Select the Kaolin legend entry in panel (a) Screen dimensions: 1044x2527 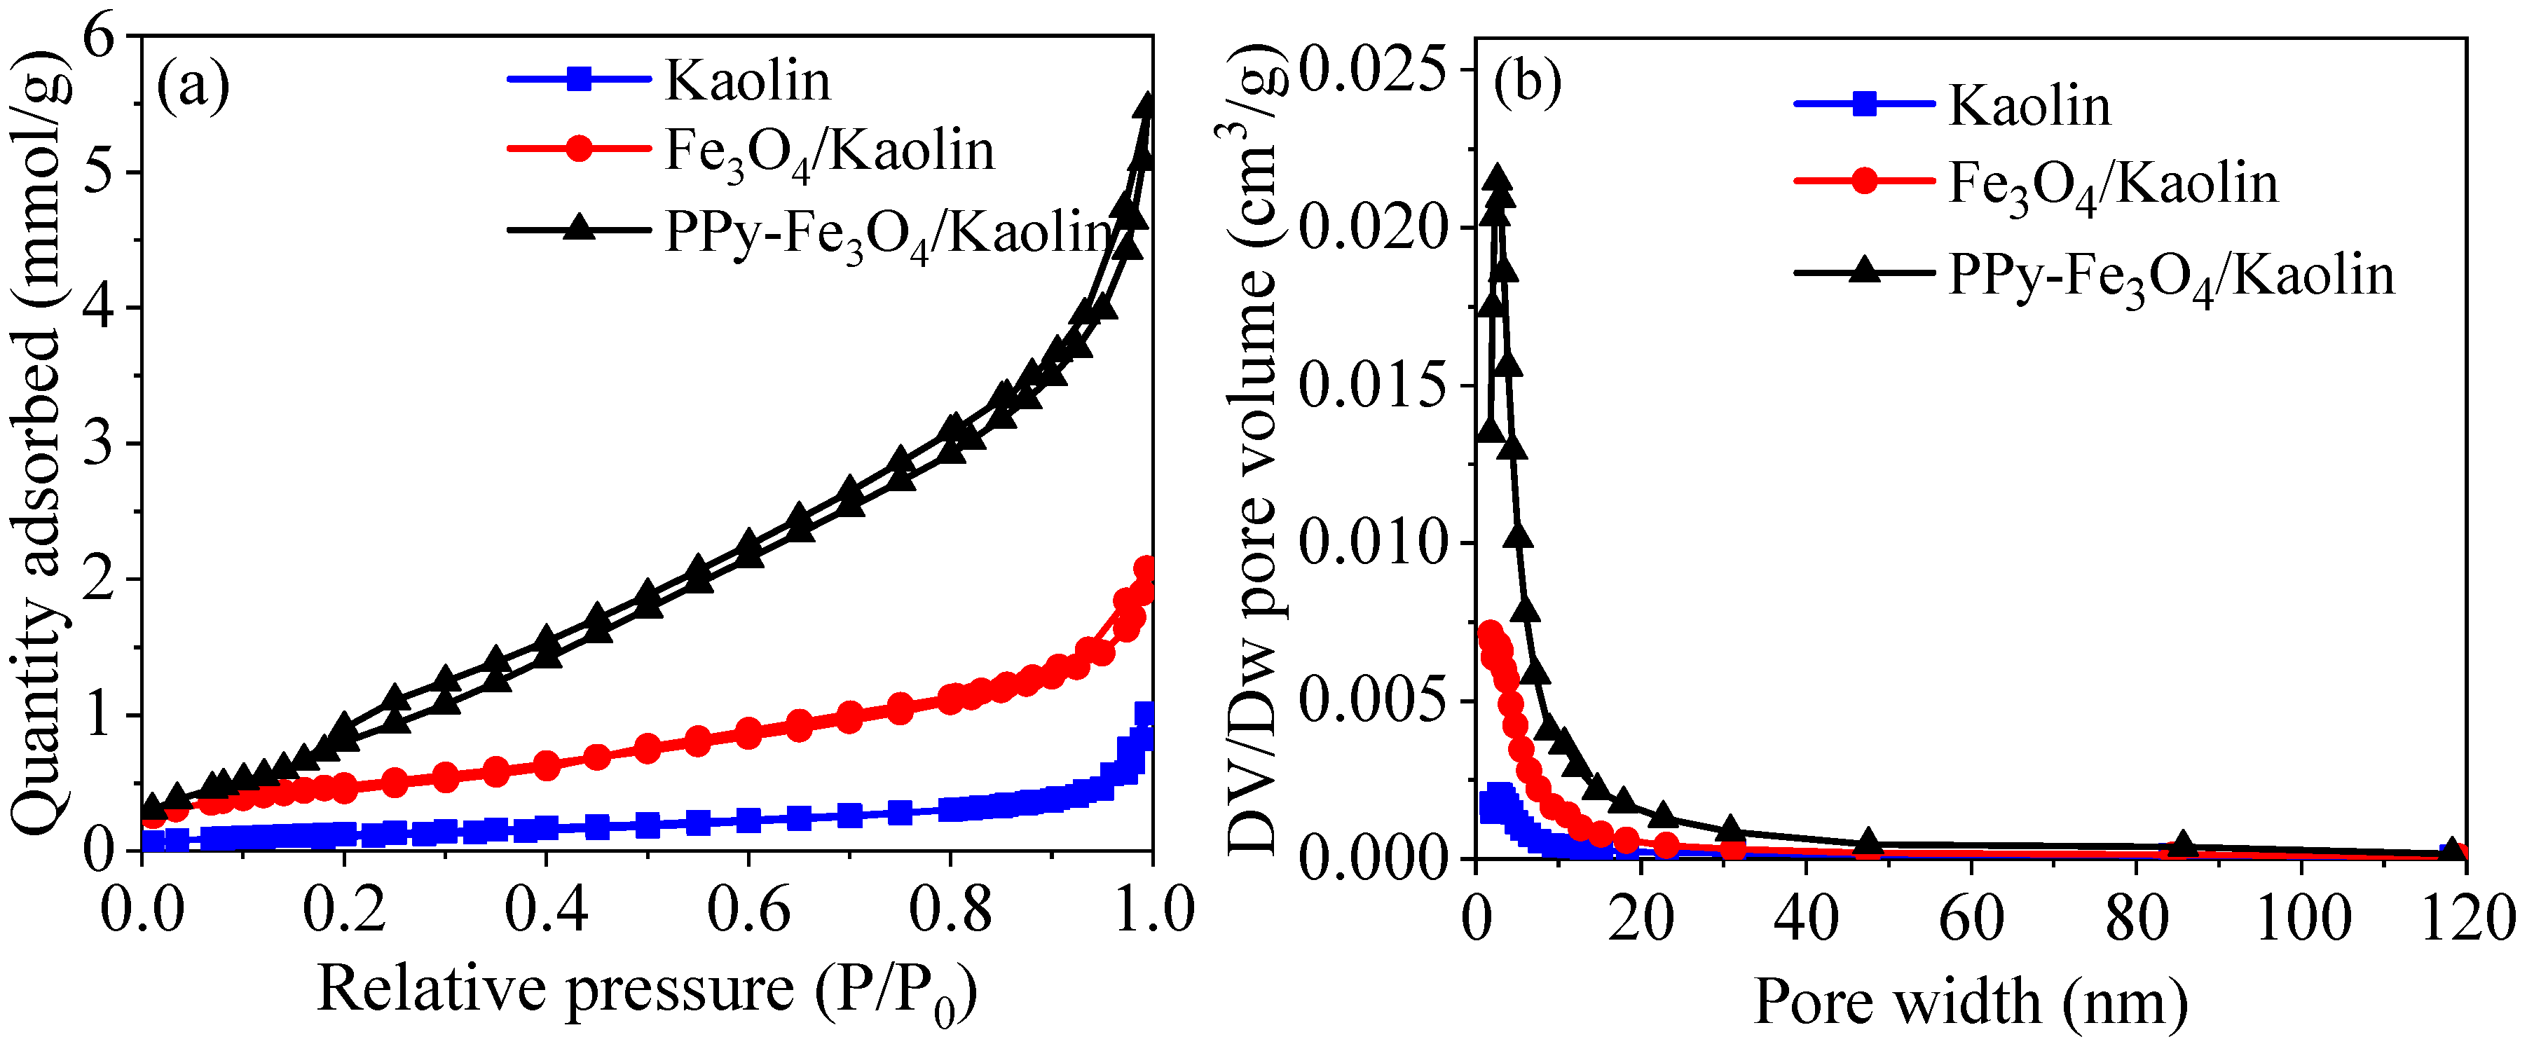(x=746, y=81)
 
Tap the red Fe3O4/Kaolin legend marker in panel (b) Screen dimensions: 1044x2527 (x=1864, y=181)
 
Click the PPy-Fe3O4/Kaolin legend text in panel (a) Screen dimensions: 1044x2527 (x=888, y=233)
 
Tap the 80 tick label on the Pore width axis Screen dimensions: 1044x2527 (x=2137, y=921)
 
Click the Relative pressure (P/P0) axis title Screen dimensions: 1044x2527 (x=648, y=991)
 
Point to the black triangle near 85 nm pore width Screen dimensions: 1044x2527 (x=2184, y=843)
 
